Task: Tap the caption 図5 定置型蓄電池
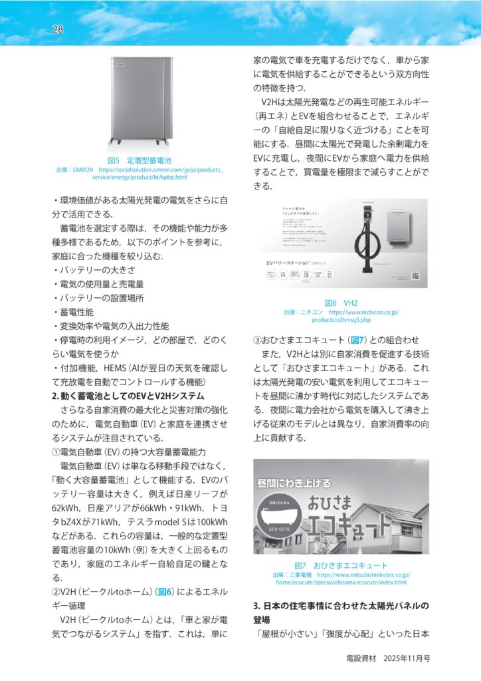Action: pos(140,160)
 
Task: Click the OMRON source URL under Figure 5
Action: pos(140,174)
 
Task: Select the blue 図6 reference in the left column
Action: pos(165,591)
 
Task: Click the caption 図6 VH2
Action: pos(341,303)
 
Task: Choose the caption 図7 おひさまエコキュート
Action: pos(341,565)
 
